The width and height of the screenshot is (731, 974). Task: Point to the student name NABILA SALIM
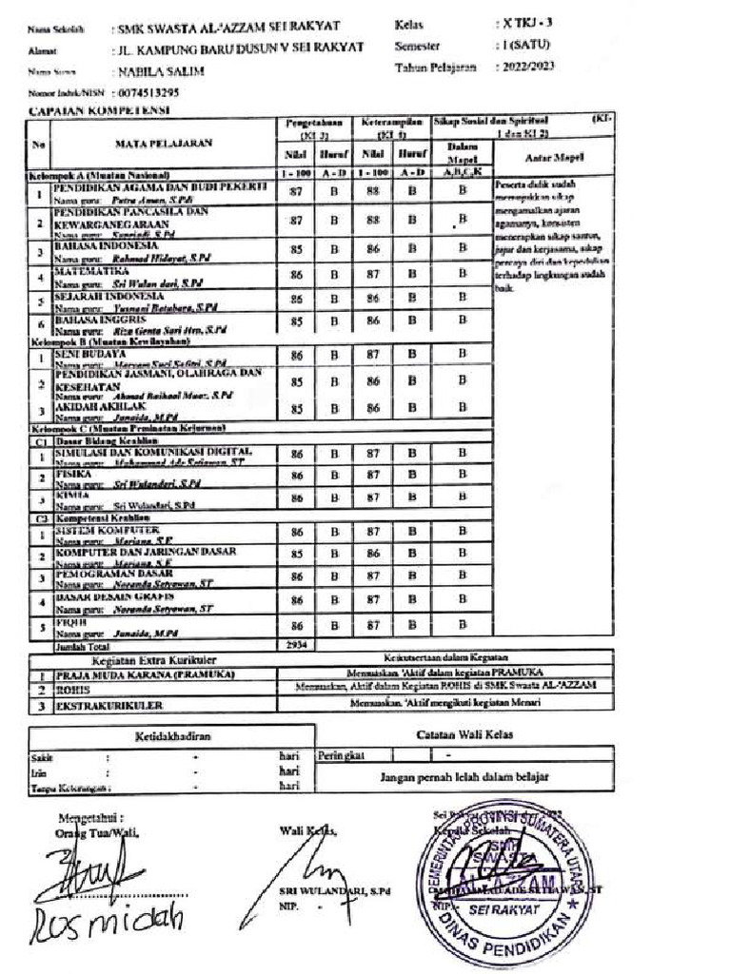coord(161,71)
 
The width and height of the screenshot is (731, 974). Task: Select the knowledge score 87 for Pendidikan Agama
coord(296,192)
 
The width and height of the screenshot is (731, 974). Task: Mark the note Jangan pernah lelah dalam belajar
coord(464,776)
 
